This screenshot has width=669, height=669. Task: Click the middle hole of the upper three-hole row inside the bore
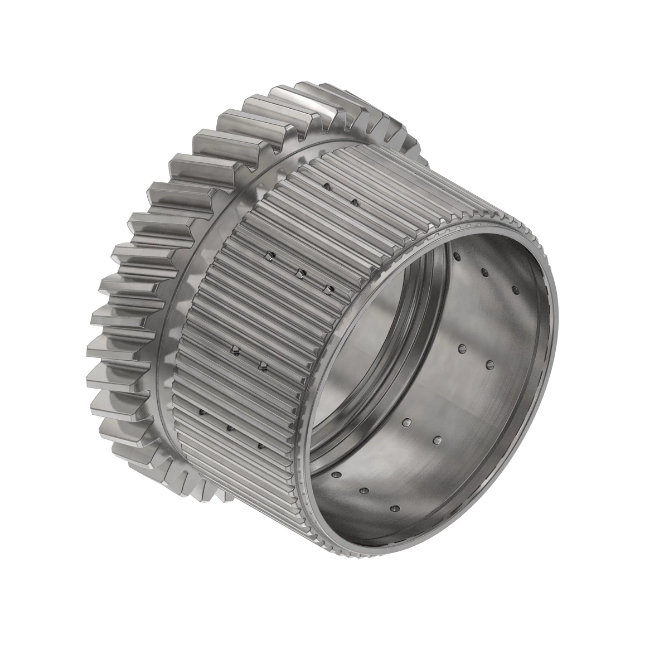[484, 272]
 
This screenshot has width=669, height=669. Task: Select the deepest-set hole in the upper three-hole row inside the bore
[456, 256]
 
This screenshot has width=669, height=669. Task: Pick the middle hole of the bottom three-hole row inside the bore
[365, 491]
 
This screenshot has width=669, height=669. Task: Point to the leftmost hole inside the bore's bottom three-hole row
[336, 474]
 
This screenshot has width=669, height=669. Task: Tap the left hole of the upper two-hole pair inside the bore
[462, 348]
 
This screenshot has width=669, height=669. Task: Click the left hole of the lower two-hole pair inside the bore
[406, 421]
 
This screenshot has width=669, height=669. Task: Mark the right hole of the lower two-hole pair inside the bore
[437, 440]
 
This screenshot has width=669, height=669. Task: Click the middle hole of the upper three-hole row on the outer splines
[299, 273]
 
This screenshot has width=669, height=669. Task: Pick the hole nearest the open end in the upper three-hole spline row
[329, 289]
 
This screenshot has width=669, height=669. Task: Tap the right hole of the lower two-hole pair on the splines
[262, 366]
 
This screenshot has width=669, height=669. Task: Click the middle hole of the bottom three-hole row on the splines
[229, 428]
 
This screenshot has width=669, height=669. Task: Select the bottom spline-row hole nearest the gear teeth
[202, 413]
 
